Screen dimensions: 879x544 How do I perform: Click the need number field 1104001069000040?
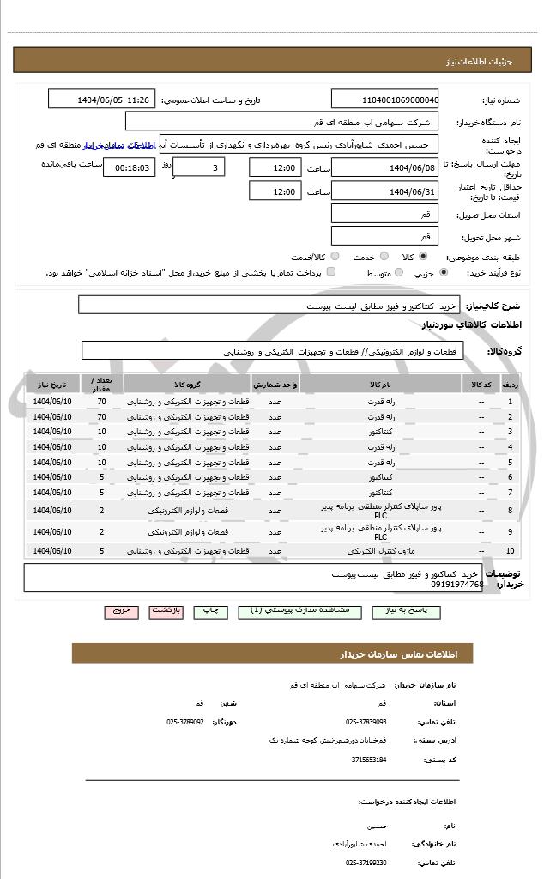(384, 100)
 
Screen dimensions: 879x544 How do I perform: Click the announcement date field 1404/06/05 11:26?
(102, 100)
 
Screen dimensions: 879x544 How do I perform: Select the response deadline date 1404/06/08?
(384, 167)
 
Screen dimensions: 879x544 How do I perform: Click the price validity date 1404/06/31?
(384, 191)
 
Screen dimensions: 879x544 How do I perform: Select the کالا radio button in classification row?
(423, 256)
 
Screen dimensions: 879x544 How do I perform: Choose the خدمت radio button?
(384, 256)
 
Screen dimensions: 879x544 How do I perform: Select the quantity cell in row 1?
(101, 402)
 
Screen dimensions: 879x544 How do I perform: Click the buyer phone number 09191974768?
(455, 585)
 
